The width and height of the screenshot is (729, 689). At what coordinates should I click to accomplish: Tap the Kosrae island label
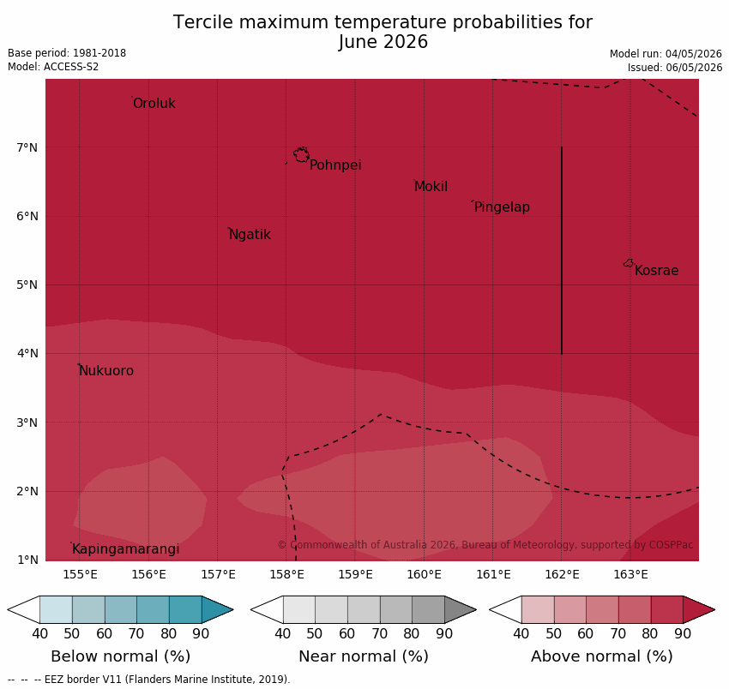pos(656,271)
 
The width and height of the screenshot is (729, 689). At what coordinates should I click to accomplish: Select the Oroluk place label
pos(154,103)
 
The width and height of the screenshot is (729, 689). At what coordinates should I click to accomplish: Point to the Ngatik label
pos(250,235)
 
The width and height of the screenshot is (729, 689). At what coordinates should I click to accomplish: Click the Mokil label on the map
pos(431,186)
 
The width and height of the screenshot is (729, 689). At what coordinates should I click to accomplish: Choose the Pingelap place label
pos(502,207)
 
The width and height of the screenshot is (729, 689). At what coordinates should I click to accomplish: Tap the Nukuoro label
pos(106,371)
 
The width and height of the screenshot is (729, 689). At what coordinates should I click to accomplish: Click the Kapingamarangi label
pos(125,549)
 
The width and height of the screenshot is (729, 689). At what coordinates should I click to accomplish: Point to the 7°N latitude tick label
pos(27,147)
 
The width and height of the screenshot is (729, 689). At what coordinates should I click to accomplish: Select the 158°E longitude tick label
pos(286,575)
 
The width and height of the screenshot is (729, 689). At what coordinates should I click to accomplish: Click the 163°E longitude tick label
pos(631,575)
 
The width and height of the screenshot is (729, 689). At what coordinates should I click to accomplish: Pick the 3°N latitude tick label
pos(27,422)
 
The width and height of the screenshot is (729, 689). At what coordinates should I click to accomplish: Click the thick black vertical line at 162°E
pos(562,250)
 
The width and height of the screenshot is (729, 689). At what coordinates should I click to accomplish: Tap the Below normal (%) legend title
pos(120,656)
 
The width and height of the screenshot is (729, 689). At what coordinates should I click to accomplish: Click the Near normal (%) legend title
pos(363,656)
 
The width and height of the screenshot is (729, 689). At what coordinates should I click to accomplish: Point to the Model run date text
pos(666,54)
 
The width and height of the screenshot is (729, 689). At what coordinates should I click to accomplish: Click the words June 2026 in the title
pos(383,42)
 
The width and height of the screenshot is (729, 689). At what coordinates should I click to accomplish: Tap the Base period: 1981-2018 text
pos(67,53)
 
